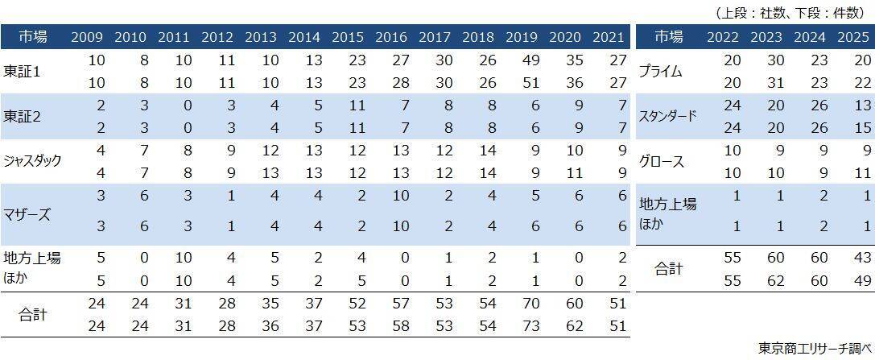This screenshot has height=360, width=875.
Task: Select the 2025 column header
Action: pos(852,37)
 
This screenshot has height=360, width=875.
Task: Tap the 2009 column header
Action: pos(86,37)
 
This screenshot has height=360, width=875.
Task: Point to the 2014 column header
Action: pos(303,37)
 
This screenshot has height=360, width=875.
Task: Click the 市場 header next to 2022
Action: pos(668,37)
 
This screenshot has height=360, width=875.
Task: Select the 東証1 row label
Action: pos(22,72)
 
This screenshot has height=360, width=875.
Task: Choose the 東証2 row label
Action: pos(22,116)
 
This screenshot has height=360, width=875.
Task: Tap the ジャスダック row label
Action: pos(33,160)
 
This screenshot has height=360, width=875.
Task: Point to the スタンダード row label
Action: pos(667,116)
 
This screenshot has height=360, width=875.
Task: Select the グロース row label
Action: pos(661,160)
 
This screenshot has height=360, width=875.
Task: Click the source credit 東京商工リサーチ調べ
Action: pos(814,347)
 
